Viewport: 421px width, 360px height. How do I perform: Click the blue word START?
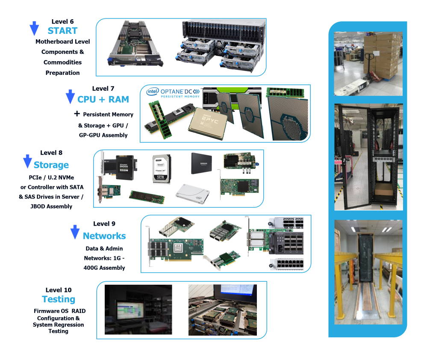62,31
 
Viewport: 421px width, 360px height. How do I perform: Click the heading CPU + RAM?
103,99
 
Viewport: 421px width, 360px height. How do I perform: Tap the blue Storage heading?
51,165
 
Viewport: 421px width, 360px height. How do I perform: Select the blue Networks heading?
104,236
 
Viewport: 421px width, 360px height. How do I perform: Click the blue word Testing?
59,299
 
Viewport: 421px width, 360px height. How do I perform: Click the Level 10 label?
59,290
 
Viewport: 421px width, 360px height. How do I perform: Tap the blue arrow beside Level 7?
70,97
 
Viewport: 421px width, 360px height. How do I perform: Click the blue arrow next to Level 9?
75,232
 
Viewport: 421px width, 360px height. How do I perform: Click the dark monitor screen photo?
138,310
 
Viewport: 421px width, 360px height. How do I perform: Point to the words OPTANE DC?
176,91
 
